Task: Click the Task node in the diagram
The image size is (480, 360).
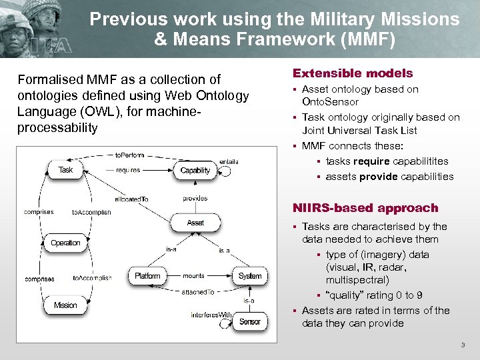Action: (x=65, y=170)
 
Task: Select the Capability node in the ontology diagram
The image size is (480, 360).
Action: (x=195, y=171)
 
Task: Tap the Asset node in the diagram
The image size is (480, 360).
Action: (x=195, y=223)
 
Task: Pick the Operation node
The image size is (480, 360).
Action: (x=65, y=243)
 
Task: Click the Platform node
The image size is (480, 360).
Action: (x=147, y=275)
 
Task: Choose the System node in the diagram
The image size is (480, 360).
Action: (x=250, y=275)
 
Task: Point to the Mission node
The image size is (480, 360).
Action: (x=65, y=305)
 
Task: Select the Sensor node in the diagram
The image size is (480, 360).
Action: (x=250, y=321)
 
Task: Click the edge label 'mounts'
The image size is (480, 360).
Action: (x=193, y=275)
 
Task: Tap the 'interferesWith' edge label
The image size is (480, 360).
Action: (x=211, y=315)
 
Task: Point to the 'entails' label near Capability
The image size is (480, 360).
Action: (x=229, y=161)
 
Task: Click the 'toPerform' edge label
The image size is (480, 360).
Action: (x=129, y=155)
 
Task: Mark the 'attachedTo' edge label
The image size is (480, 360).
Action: (x=198, y=292)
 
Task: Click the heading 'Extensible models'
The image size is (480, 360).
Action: (x=353, y=73)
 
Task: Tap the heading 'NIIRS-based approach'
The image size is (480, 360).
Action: (x=365, y=208)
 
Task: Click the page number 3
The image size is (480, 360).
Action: (x=463, y=345)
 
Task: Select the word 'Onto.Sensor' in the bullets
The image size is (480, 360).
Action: (x=330, y=102)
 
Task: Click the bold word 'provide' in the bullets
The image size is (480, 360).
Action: (x=378, y=177)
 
